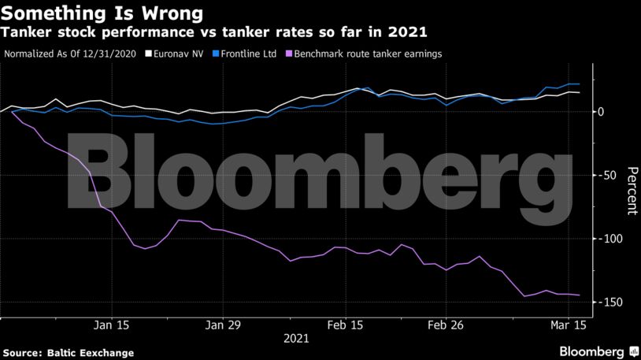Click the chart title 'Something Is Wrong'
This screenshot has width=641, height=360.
(102, 13)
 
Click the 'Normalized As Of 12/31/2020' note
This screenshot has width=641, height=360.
(76, 54)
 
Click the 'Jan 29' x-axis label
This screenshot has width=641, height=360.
(223, 324)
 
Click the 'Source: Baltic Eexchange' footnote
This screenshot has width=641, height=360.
(69, 353)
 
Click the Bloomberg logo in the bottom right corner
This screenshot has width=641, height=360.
(598, 351)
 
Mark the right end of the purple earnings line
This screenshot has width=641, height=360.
(580, 295)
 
